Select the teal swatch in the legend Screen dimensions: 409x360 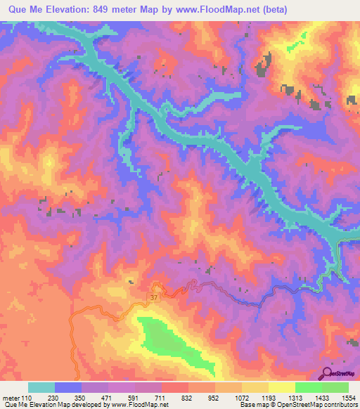tap(41, 387)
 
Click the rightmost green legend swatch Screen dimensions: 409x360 tap(335, 387)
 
